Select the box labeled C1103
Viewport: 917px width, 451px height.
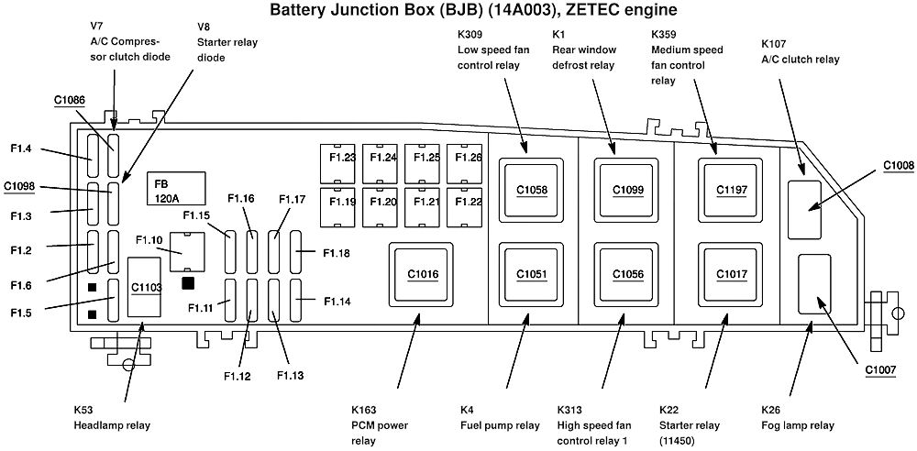(146, 287)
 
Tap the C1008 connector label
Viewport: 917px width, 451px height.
(899, 166)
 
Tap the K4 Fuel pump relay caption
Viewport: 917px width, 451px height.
(500, 417)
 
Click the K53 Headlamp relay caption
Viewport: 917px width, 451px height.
(112, 417)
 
